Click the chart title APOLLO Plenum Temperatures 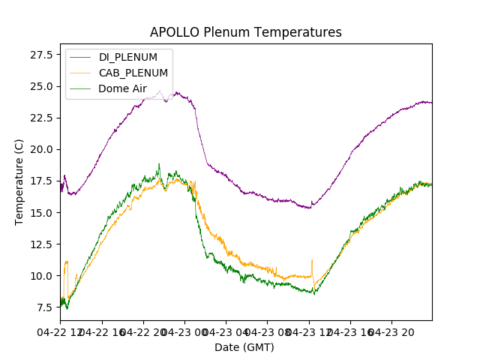tap(245, 32)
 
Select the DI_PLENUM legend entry tap(128, 58)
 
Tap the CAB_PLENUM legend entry tap(133, 73)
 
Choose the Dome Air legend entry tap(122, 88)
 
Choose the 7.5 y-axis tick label tap(43, 307)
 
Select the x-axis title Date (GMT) tap(244, 347)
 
